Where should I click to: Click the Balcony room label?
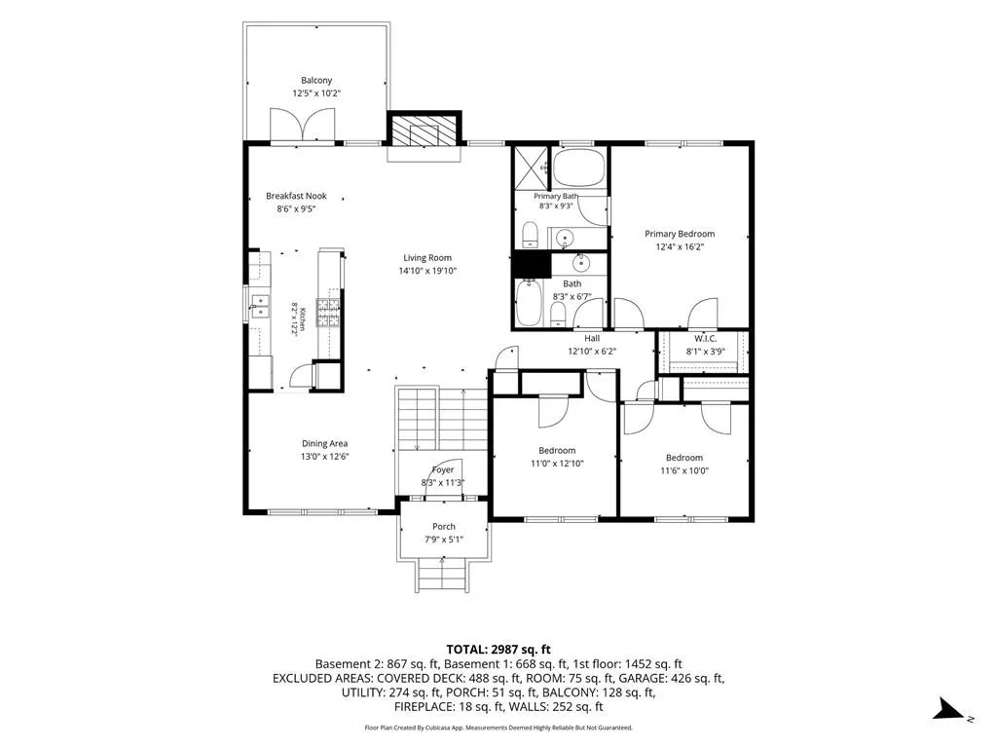(316, 80)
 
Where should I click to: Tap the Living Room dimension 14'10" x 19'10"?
(428, 271)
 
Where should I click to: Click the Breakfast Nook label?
(296, 196)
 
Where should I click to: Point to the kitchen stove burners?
(328, 313)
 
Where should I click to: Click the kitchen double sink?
(259, 306)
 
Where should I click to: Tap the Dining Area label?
(324, 443)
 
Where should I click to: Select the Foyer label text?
(443, 470)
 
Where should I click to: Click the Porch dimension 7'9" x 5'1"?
(444, 540)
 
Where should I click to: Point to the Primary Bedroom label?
(680, 234)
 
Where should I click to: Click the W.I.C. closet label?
(705, 338)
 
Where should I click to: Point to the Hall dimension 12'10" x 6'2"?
(592, 351)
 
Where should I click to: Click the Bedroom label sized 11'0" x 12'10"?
(557, 450)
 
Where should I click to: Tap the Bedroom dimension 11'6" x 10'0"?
(684, 470)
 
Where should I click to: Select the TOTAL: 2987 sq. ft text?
(498, 650)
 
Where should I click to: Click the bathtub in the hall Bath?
(528, 303)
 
